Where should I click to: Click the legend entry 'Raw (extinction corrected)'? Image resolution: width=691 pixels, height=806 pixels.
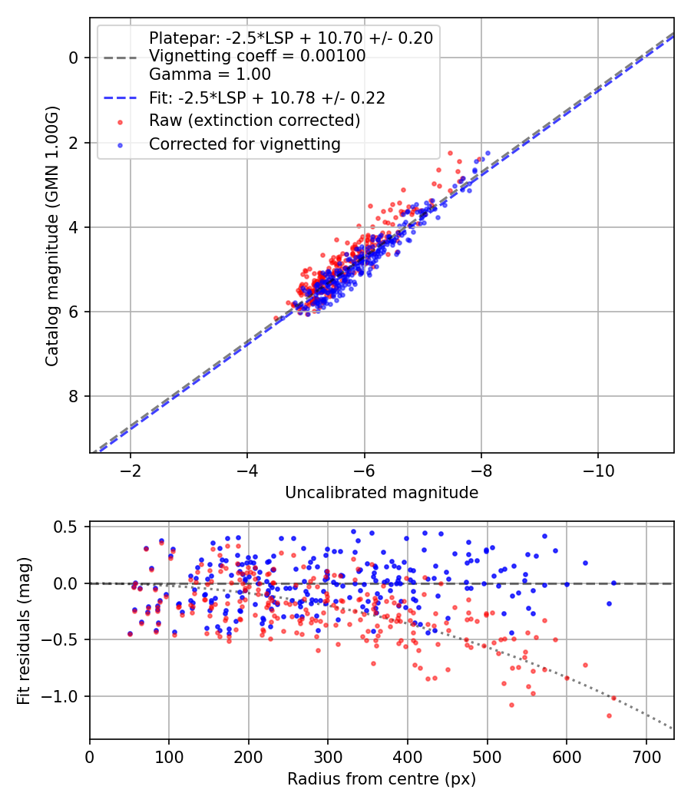pos(254,121)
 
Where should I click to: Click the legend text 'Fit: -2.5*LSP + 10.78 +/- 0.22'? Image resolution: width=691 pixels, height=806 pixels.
pos(266,98)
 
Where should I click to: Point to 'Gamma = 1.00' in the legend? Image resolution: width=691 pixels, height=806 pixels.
pos(210,75)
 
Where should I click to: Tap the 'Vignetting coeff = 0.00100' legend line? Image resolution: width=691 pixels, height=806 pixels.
pos(257,56)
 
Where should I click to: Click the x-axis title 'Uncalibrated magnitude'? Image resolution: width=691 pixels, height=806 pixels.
pos(382,493)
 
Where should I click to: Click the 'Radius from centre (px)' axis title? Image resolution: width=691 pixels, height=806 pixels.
pos(382,779)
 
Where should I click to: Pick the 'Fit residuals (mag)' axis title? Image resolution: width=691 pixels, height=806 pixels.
pos(24,630)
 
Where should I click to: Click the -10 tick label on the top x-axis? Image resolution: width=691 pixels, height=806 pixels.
pos(598,470)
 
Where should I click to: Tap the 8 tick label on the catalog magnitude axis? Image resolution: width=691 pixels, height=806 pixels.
pos(73,396)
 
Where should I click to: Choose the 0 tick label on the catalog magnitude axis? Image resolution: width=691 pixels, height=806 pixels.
pos(73,58)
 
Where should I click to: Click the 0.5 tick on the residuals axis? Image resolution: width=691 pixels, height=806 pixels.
pos(68,527)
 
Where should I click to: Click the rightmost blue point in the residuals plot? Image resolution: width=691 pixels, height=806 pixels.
pos(613,583)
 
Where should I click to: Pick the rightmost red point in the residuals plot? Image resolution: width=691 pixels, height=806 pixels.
pos(613,698)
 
